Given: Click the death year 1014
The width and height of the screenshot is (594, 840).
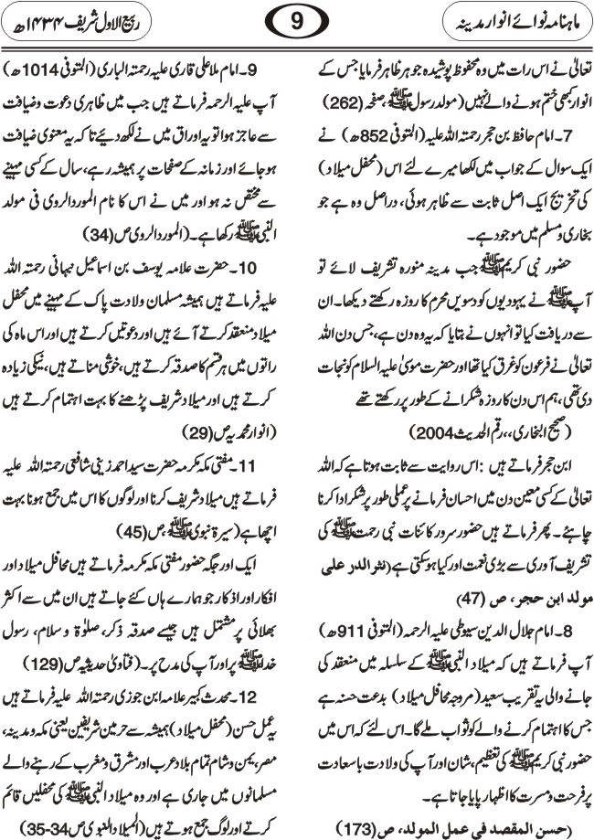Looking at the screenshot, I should (54, 69).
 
